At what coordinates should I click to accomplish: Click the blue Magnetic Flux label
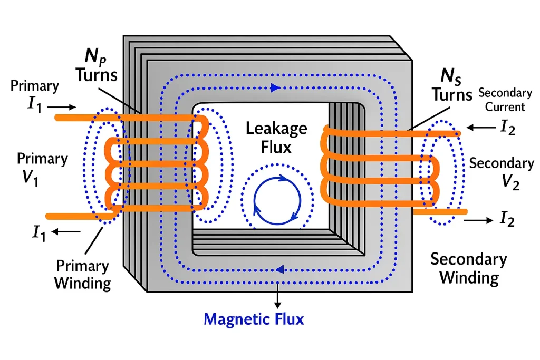(254, 319)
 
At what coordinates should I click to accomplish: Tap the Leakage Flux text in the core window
(276, 137)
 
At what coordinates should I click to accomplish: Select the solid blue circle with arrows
(277, 201)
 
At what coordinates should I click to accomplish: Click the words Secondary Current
(505, 100)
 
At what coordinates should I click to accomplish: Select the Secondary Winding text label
(469, 268)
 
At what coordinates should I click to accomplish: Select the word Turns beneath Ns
(452, 95)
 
